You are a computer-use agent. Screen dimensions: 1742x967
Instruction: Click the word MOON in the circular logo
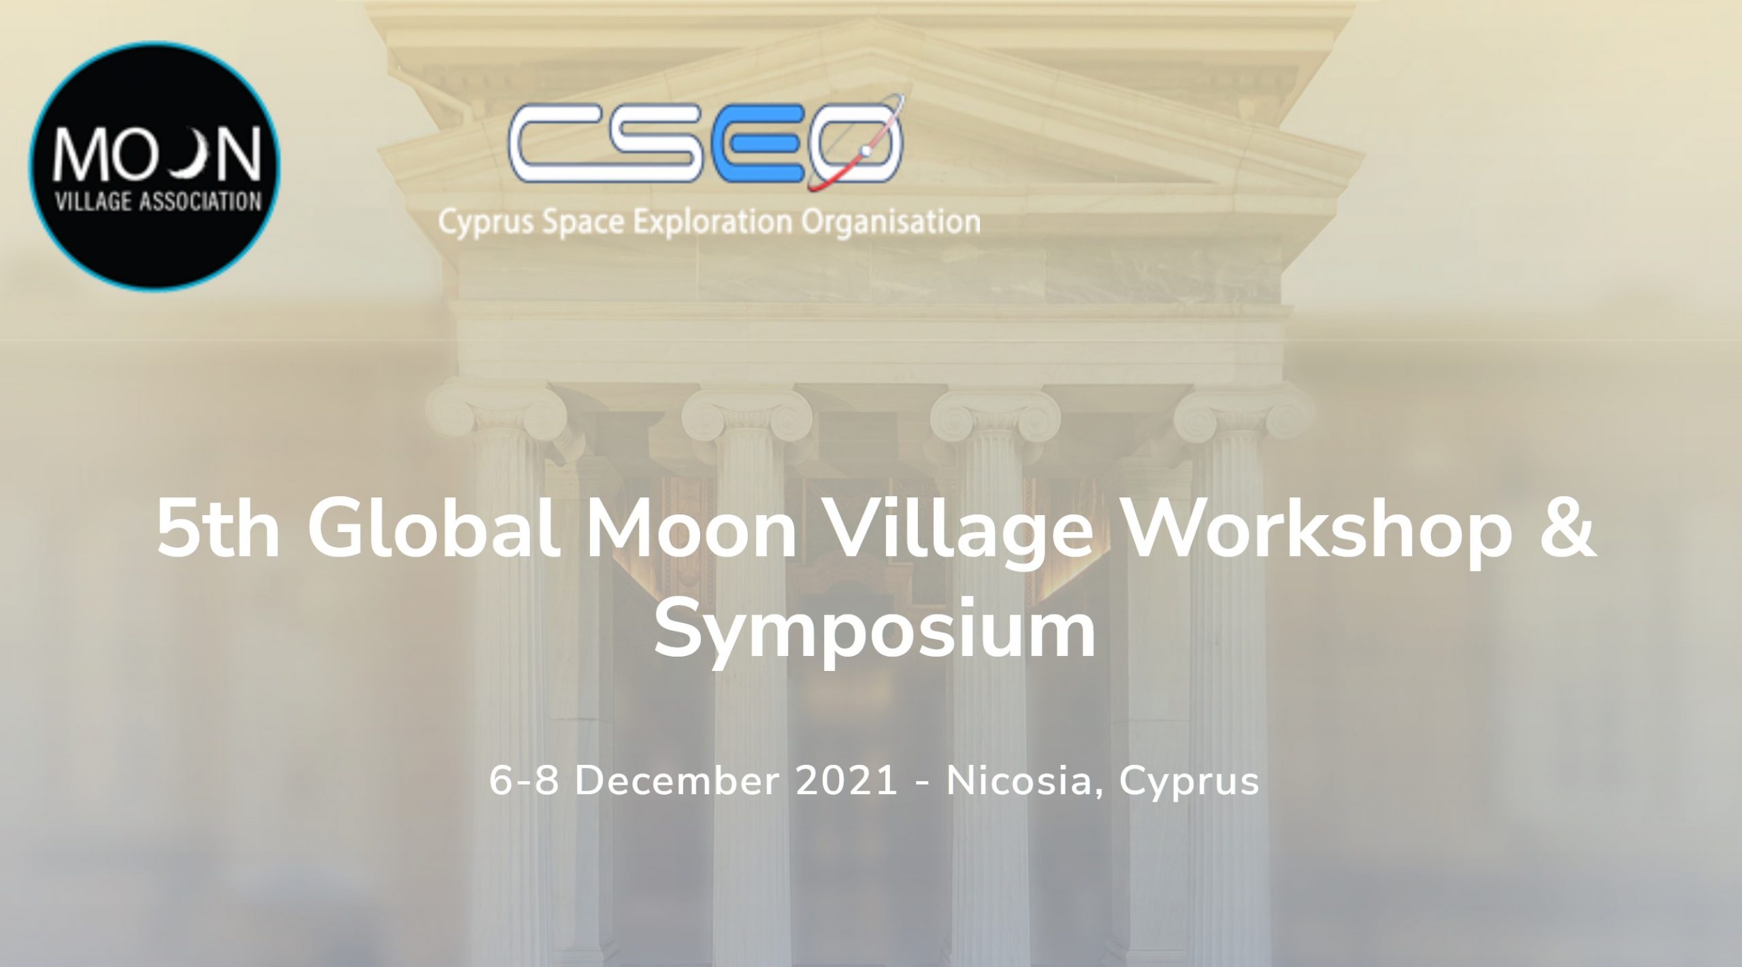157,154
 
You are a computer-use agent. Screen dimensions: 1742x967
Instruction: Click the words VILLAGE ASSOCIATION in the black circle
158,202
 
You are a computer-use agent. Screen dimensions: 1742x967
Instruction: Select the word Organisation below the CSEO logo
891,223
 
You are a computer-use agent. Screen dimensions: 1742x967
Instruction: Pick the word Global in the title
435,528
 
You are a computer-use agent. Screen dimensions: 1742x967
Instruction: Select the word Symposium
875,629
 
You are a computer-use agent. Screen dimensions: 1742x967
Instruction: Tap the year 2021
847,781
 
